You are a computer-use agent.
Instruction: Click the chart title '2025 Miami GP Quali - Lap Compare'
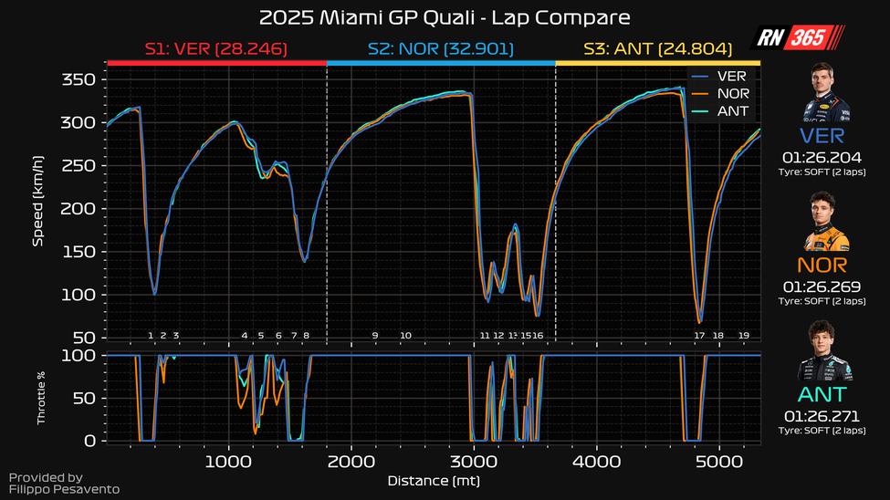(x=445, y=18)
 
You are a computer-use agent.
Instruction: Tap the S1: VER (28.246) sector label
(x=216, y=49)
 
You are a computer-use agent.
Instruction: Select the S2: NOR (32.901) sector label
(x=442, y=49)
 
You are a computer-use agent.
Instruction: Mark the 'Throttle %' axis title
(x=41, y=398)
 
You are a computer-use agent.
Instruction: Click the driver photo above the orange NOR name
(x=827, y=223)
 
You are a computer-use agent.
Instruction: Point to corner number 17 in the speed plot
(x=699, y=336)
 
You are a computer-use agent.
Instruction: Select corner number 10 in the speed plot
(x=405, y=336)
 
